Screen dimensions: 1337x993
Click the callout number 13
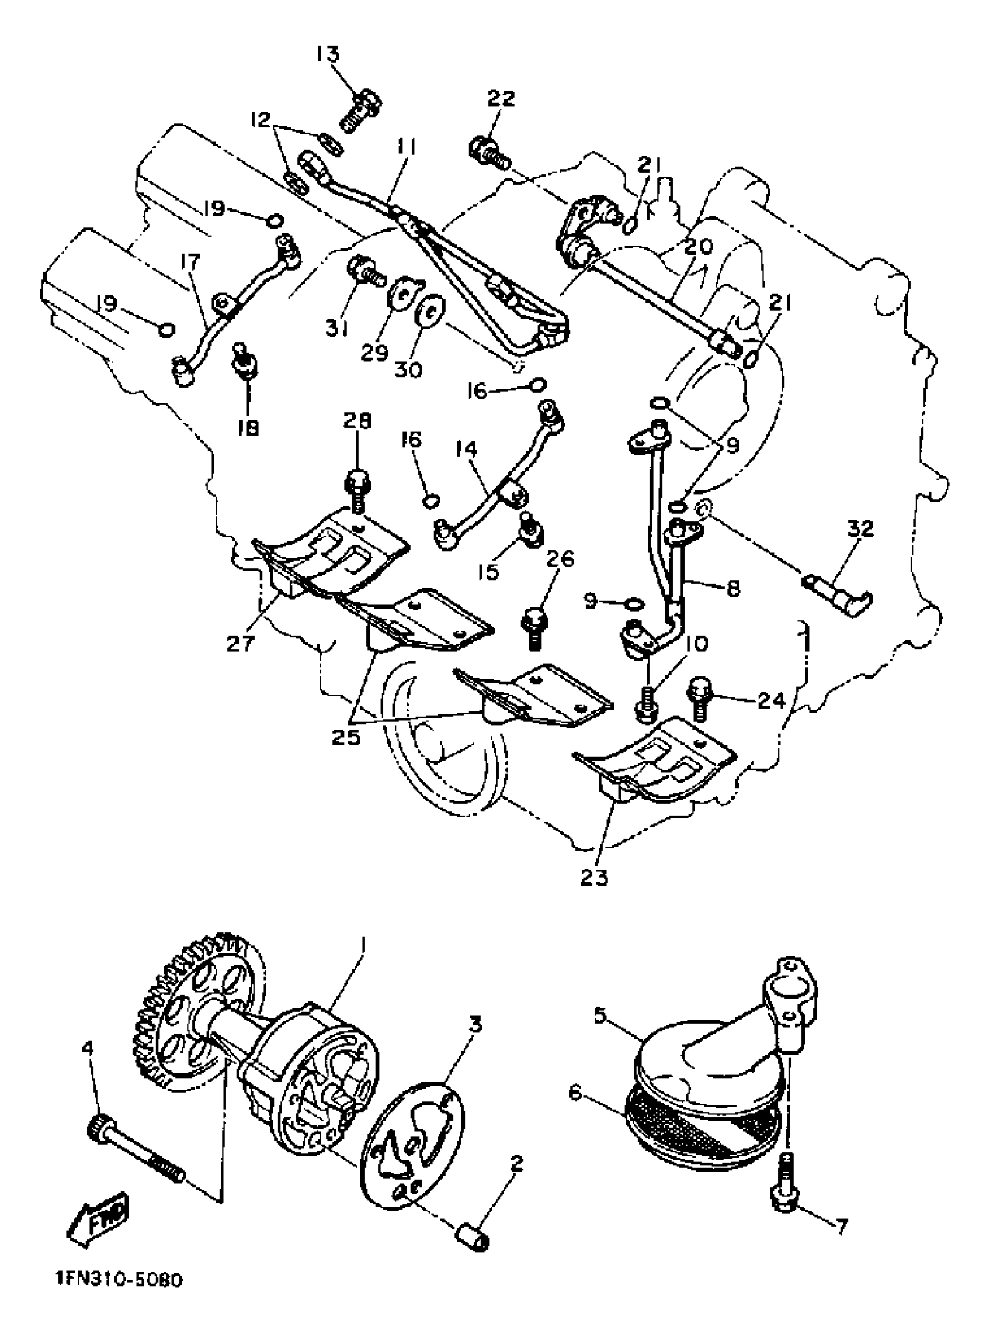coord(329,54)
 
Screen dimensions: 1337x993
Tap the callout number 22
coord(501,98)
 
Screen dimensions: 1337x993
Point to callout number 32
coord(860,529)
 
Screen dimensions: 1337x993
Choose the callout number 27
coord(241,644)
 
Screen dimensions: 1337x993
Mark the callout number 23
coord(595,877)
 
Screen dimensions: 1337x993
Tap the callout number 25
coord(346,737)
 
